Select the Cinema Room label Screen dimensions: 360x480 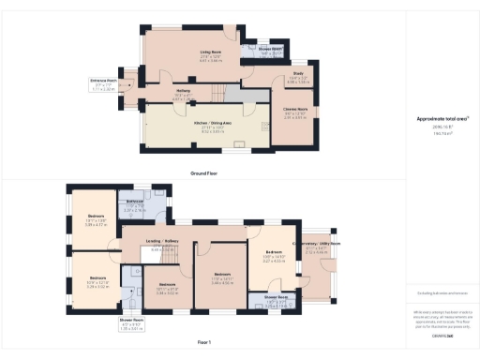pyautogui.click(x=295, y=112)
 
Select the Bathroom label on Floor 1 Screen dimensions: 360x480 pyautogui.click(x=134, y=202)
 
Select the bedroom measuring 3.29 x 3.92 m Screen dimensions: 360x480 pyautogui.click(x=97, y=278)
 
